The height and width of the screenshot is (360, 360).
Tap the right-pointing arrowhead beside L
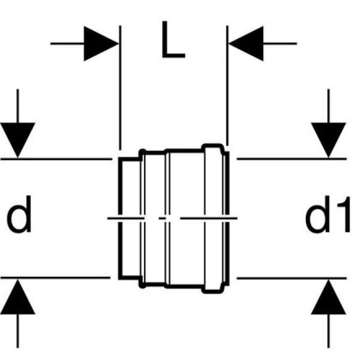pos(101,43)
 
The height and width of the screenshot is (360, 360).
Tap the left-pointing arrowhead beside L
pos(246,43)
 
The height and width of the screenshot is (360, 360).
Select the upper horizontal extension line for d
pos(56,159)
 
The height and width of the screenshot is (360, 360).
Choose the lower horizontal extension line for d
pos(56,277)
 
